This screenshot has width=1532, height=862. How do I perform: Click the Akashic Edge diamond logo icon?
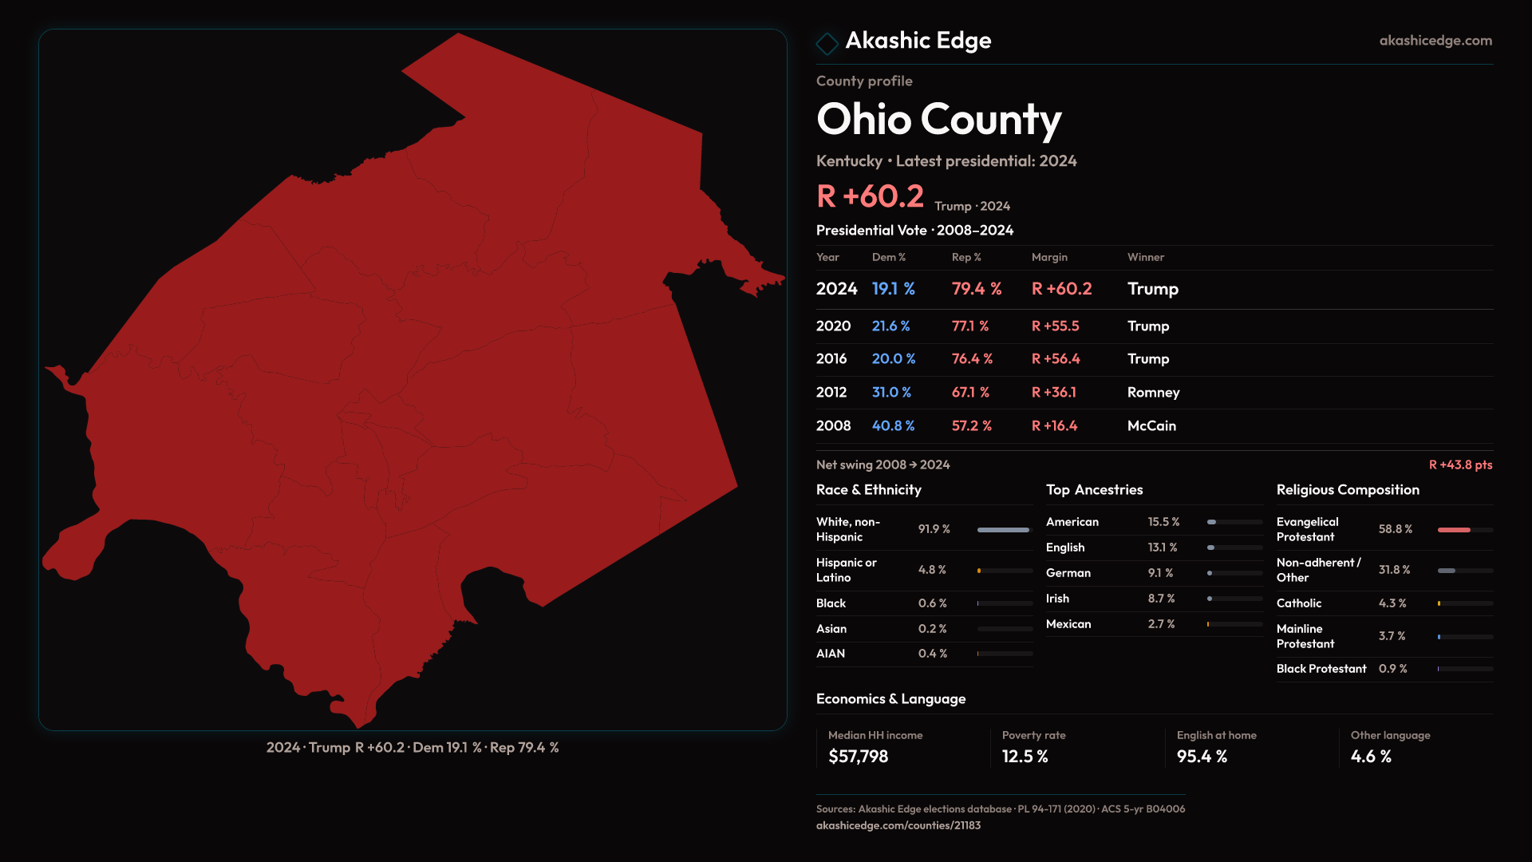[x=827, y=43]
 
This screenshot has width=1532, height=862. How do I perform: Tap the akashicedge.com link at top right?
[x=1435, y=41]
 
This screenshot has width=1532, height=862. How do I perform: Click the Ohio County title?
[x=938, y=120]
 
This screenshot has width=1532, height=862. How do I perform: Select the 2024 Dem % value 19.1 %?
[x=893, y=289]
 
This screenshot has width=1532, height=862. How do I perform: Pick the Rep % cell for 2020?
[x=969, y=326]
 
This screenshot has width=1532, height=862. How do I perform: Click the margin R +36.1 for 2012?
[x=1053, y=393]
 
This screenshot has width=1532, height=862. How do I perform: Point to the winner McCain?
[x=1151, y=426]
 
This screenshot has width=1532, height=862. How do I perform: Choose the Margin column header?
[x=1049, y=257]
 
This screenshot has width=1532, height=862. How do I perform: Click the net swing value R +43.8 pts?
[x=1459, y=465]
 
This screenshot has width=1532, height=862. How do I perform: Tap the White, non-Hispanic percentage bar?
[x=1004, y=530]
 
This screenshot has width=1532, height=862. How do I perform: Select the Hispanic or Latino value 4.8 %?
[x=932, y=570]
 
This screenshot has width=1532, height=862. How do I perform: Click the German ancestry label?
[x=1068, y=573]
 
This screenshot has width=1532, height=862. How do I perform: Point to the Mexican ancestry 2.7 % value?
[x=1161, y=624]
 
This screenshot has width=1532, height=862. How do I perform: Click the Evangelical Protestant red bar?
[x=1454, y=530]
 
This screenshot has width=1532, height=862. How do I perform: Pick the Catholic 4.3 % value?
[x=1392, y=603]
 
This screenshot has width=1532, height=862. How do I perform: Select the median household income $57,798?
[x=858, y=757]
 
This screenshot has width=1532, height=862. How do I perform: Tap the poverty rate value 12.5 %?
[x=1025, y=757]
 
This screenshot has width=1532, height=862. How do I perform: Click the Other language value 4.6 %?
[x=1370, y=757]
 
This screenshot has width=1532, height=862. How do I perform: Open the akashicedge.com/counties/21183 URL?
[x=898, y=826]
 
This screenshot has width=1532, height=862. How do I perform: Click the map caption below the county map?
[x=413, y=748]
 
